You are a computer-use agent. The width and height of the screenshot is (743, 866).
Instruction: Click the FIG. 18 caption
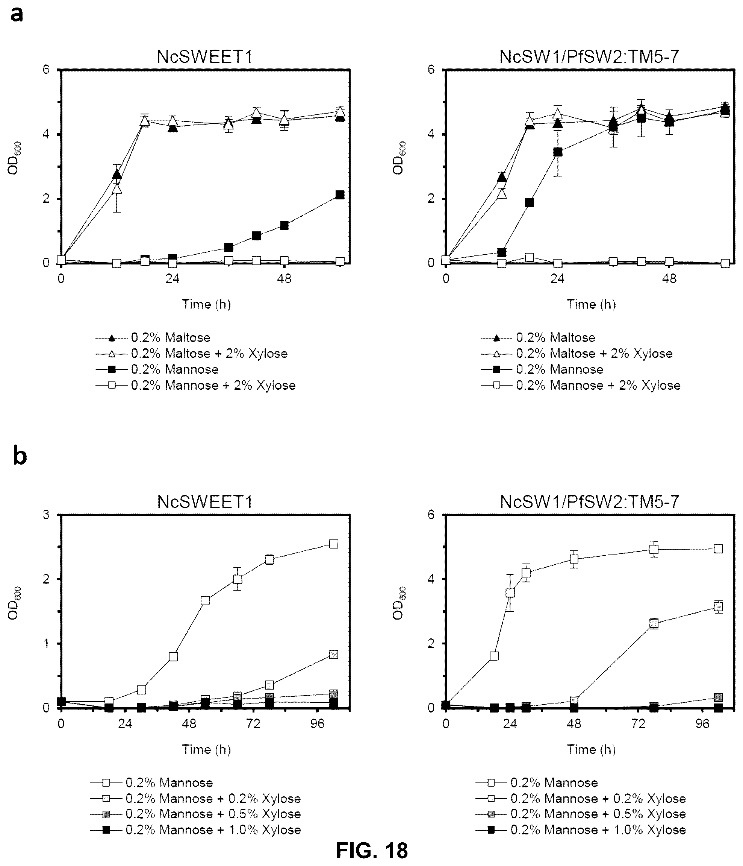pyautogui.click(x=372, y=850)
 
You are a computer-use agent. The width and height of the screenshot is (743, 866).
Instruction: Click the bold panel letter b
pyautogui.click(x=20, y=455)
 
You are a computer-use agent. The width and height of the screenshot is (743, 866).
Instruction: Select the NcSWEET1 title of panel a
pyautogui.click(x=205, y=57)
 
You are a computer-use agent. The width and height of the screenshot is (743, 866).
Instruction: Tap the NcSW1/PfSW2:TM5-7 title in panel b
pyautogui.click(x=589, y=501)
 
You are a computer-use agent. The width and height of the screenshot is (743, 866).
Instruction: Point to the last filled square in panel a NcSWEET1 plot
pyautogui.click(x=340, y=195)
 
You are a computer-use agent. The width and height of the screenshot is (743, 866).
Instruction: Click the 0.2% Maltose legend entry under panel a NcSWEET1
pyautogui.click(x=153, y=337)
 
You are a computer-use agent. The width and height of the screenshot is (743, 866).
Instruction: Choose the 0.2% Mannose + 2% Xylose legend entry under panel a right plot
pyautogui.click(x=581, y=385)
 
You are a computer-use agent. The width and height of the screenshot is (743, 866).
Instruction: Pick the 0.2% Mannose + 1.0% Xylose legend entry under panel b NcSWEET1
pyautogui.click(x=195, y=830)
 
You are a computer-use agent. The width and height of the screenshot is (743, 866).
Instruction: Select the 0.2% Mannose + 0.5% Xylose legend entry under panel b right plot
pyautogui.click(x=581, y=814)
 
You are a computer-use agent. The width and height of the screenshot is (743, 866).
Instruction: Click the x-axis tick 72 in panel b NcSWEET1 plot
pyautogui.click(x=254, y=723)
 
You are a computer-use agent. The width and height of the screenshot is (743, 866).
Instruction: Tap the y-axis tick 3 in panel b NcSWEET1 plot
pyautogui.click(x=46, y=515)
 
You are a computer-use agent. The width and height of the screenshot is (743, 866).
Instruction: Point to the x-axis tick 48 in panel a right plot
pyautogui.click(x=669, y=278)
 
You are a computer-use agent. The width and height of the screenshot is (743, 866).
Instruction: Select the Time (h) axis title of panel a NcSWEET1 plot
pyautogui.click(x=206, y=304)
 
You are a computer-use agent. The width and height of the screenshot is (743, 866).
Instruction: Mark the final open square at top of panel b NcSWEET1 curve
pyautogui.click(x=334, y=544)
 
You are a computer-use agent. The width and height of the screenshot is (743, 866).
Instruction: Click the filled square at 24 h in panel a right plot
pyautogui.click(x=558, y=152)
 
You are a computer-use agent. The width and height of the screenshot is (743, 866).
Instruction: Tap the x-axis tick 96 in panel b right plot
pyautogui.click(x=703, y=723)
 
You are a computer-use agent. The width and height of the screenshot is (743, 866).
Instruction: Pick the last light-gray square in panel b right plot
pyautogui.click(x=718, y=606)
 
